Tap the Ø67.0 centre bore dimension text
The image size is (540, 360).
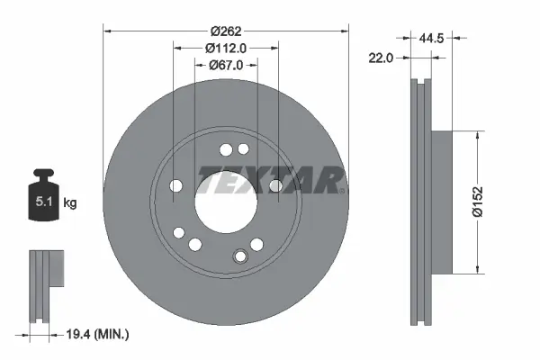click(226, 64)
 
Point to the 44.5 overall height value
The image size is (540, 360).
click(434, 38)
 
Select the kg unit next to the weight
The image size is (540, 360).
click(69, 203)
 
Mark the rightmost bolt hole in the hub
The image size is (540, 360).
click(275, 185)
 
